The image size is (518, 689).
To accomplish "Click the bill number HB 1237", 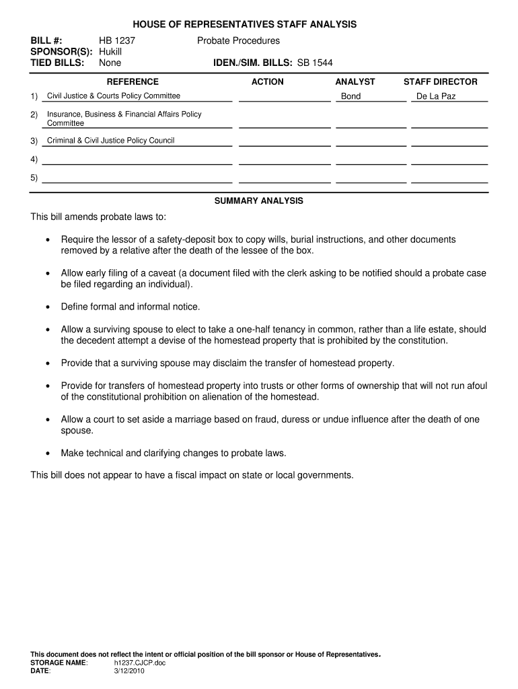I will tap(117, 41).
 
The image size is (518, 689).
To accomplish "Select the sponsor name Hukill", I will tap(110, 52).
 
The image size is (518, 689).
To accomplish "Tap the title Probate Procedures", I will tap(238, 41).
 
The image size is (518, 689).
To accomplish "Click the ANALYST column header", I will tap(355, 82).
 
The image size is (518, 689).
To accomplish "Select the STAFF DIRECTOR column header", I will tap(440, 82).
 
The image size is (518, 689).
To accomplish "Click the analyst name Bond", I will tap(350, 96).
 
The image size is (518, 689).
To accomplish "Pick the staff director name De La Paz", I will tap(436, 96).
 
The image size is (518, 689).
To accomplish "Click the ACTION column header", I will tap(267, 82).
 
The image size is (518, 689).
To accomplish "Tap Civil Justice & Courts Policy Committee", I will tap(114, 96).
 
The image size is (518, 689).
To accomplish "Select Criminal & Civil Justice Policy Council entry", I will tap(110, 141).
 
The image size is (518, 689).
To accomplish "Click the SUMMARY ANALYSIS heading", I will tap(258, 201).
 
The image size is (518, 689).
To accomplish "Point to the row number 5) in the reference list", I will tap(34, 178).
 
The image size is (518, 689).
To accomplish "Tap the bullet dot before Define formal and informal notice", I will tap(47, 307).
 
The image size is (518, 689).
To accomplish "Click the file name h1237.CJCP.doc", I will tap(140, 663).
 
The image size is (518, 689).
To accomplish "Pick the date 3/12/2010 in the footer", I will tap(129, 671).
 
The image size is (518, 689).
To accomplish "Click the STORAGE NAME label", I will tap(59, 663).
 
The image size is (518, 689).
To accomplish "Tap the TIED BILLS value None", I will tap(110, 63).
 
